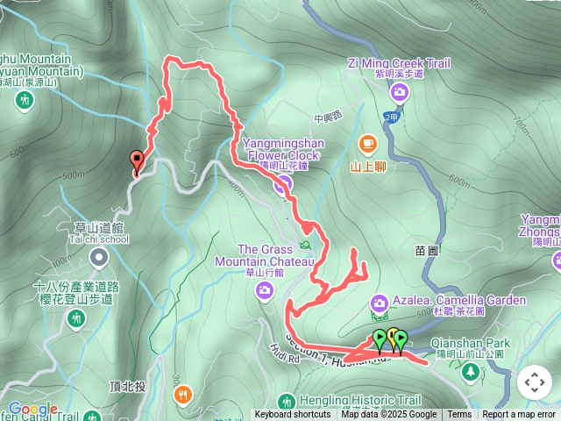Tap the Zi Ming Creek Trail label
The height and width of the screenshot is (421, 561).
click(399, 63)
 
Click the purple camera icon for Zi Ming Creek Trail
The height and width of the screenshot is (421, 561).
click(400, 91)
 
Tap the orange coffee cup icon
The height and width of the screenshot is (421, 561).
click(367, 143)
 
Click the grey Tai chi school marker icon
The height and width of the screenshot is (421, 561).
click(98, 258)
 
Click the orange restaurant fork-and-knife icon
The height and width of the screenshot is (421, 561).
click(183, 395)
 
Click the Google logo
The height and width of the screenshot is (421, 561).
click(32, 409)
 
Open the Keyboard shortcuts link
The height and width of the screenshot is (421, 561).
click(293, 415)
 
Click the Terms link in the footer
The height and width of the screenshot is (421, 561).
click(459, 415)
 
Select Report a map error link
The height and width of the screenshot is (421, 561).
click(519, 415)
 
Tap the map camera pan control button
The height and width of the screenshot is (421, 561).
click(534, 382)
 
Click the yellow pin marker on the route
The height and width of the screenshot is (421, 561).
click(393, 336)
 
